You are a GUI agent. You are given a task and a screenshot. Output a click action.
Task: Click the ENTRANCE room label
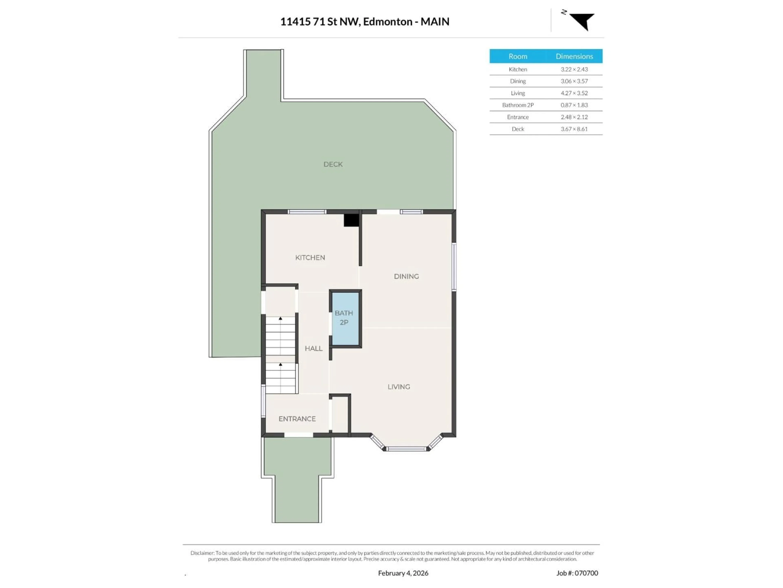[x=297, y=419]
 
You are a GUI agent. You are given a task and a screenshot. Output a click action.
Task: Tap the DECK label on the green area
[x=333, y=164]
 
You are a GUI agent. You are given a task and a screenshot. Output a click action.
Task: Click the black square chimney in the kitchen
[x=351, y=220]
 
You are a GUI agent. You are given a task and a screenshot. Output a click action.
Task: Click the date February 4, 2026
[x=403, y=573]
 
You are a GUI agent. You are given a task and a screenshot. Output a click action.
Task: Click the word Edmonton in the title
[x=388, y=22]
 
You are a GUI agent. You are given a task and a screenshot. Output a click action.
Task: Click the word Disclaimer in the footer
[x=202, y=553]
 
